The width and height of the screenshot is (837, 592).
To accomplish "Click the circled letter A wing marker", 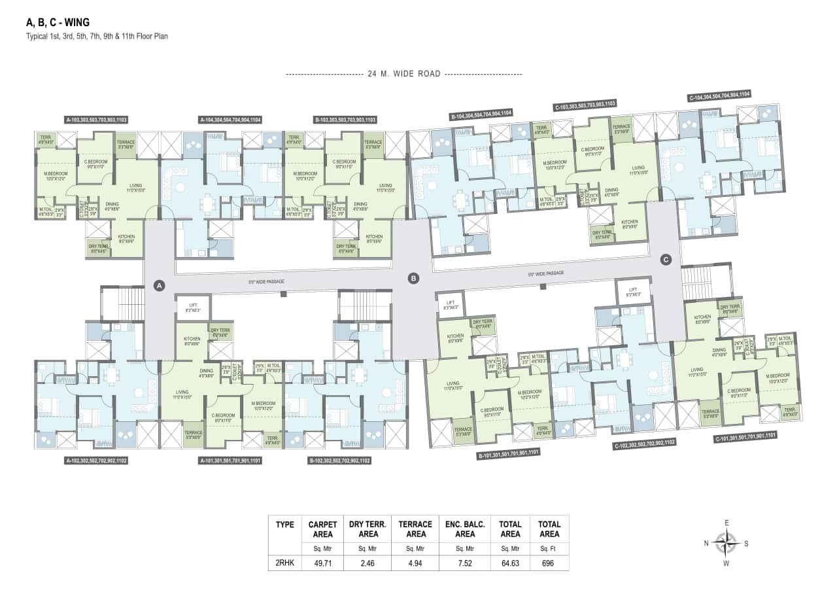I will pos(158,285).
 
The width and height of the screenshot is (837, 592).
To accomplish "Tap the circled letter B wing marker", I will pos(413,278).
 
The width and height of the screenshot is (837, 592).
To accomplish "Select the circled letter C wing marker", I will pos(666,260).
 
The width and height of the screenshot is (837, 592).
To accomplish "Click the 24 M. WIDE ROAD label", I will pos(403,74).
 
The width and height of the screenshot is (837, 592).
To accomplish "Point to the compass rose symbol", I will pos(726,542).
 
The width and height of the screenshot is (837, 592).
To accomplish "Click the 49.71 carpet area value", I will pos(323,562).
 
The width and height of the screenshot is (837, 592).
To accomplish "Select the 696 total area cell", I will pos(549,562).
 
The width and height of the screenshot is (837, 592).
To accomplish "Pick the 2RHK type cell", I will pos(284,562).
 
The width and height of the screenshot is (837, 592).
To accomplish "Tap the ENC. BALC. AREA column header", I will pos(464,529).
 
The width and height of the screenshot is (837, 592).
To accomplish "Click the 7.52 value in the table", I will pos(464,562).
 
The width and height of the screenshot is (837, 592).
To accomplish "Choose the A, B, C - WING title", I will pos(58,22).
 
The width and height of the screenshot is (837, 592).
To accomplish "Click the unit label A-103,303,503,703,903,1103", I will pos(96,120).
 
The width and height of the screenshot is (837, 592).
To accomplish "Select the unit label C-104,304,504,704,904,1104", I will pos(719,96).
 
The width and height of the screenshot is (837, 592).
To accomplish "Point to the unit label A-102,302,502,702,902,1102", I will pos(96,461).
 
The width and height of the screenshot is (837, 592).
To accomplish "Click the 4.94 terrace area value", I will pos(416,562).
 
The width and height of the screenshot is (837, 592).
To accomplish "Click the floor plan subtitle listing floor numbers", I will pos(97,37).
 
